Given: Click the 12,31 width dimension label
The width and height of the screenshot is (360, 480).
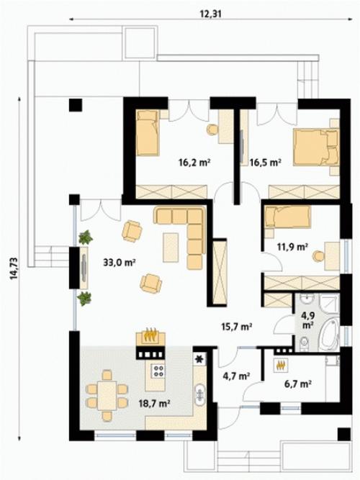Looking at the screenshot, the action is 210,14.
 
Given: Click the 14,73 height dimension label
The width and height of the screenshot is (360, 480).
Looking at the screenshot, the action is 14,268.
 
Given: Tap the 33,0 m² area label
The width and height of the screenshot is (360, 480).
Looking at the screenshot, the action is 120,263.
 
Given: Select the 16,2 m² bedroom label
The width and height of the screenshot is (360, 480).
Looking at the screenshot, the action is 194,162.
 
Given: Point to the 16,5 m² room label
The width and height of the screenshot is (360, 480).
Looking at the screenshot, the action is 266,162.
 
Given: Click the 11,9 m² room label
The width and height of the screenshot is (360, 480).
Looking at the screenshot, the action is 292,246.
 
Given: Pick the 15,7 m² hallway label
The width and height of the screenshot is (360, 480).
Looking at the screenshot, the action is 237,327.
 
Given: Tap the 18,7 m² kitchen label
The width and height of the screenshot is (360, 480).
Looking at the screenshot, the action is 155,404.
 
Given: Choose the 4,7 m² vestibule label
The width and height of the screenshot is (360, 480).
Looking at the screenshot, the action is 235,376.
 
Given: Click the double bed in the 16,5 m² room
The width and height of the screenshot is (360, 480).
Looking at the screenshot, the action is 316,148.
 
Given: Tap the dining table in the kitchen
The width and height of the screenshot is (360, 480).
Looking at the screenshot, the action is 107,396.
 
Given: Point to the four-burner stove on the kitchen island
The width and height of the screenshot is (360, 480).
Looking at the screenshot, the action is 158,371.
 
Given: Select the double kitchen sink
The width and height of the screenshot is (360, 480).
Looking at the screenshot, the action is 200,394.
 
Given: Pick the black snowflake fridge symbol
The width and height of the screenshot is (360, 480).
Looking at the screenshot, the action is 199,359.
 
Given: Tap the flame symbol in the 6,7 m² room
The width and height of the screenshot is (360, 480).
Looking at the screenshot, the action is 281,365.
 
